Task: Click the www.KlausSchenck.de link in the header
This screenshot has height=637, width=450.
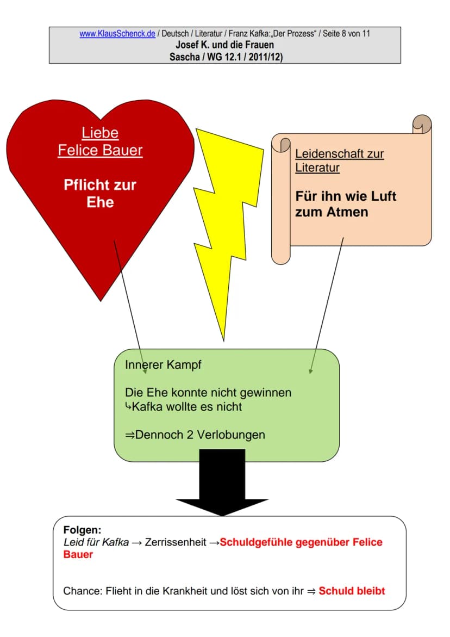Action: coord(117,34)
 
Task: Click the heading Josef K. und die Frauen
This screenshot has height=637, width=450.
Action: coord(225,45)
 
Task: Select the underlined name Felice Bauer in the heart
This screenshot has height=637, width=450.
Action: coord(100,150)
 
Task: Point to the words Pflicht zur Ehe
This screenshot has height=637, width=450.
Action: coord(100,193)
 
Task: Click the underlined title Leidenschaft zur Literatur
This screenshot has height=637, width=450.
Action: coord(339,160)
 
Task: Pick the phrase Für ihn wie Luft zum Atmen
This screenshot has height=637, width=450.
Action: coord(345,204)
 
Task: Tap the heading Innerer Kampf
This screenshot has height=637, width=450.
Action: coord(163,365)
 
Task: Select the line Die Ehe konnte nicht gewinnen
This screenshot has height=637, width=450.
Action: coord(208,393)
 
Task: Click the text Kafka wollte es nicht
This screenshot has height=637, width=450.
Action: coord(186,407)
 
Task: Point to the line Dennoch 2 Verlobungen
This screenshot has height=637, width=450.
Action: coord(199,435)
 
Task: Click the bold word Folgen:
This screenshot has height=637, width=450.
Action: coord(83,530)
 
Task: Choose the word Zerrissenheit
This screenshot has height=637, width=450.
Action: coord(176,542)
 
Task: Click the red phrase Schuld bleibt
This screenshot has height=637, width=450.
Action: coord(352,591)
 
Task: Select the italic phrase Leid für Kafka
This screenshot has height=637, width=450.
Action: coord(96,542)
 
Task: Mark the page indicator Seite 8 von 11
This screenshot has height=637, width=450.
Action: coord(346,34)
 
